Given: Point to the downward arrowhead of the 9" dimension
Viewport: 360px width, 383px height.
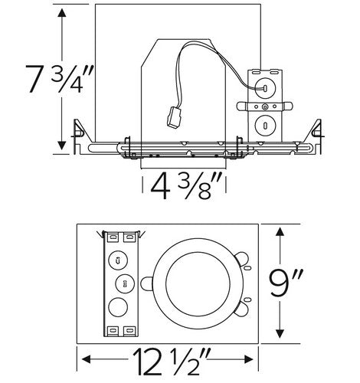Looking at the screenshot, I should [x=283, y=332].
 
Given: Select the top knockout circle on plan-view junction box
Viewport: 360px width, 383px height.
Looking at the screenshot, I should [x=119, y=259].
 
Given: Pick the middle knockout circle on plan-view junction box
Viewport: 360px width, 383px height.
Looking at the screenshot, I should [x=119, y=284].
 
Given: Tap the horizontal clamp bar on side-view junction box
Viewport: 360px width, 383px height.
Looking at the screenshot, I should [x=265, y=105].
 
